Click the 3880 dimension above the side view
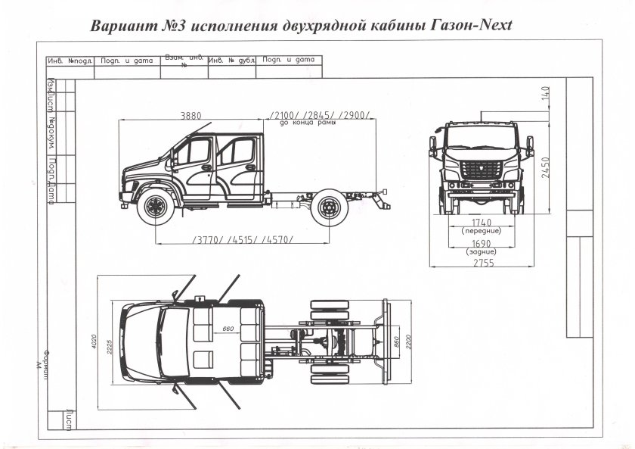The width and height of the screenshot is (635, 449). coord(190,116)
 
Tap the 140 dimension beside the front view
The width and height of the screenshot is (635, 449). coord(544,97)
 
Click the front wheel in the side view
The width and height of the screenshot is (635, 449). coord(156,207)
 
